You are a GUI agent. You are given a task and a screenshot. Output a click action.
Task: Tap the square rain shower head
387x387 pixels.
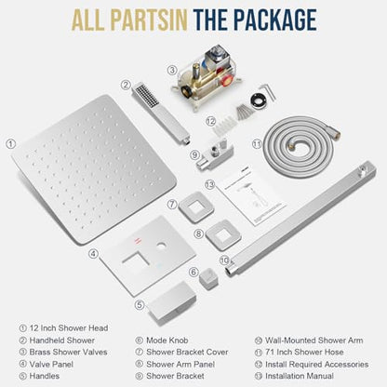[93, 169]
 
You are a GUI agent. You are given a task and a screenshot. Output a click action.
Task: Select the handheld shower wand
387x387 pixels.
[160, 113]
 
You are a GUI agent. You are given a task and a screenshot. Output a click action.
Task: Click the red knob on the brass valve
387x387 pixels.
[228, 80]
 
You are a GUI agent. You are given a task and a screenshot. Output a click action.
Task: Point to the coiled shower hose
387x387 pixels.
[300, 146]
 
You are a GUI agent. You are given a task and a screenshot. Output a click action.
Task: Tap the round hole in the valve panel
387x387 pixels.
[162, 247]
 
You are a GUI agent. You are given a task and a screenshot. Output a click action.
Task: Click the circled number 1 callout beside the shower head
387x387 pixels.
[10, 144]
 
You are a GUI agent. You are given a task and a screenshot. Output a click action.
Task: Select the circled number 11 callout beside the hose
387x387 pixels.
[257, 144]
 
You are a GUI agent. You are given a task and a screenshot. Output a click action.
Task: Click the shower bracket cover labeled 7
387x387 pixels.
[196, 207]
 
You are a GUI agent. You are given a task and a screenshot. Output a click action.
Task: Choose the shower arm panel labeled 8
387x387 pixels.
[223, 235]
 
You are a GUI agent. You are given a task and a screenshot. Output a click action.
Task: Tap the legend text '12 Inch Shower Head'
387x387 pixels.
[69, 328]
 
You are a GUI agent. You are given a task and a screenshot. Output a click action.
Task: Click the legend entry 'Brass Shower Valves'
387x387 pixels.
[68, 352]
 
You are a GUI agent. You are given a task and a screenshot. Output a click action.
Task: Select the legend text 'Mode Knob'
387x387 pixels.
[167, 340]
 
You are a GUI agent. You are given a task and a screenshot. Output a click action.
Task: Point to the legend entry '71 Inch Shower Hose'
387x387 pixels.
[304, 352]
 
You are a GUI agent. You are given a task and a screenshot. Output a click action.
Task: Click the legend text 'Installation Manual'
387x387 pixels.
[300, 376]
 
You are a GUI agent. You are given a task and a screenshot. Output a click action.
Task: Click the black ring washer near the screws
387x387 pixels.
[259, 101]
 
